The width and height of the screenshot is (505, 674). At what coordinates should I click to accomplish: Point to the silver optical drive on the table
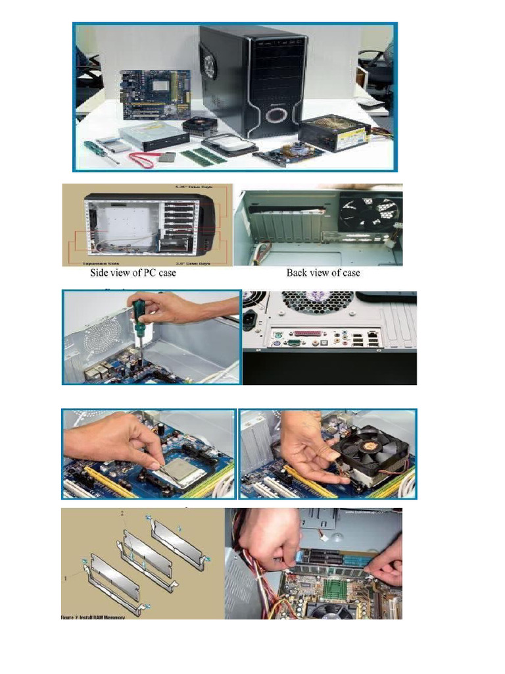point(153,135)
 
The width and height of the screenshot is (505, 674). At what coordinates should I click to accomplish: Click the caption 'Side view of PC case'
point(133,272)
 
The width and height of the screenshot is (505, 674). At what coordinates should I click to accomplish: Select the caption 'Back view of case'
point(323,272)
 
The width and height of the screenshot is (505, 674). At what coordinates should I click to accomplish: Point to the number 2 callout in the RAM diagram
point(122,513)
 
